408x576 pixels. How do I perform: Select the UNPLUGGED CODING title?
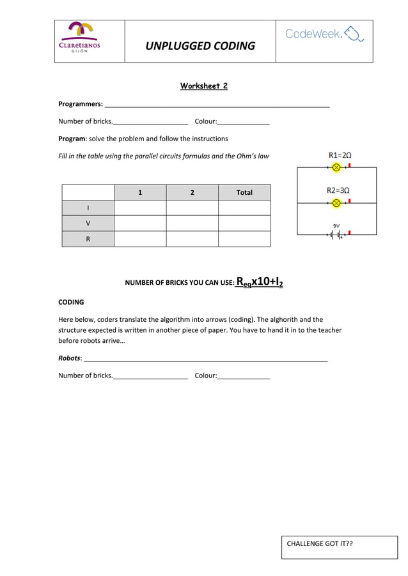pos(200,46)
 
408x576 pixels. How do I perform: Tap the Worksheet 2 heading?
pos(203,86)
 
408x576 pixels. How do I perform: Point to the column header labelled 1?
pos(140,192)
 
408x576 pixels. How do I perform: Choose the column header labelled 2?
pos(192,192)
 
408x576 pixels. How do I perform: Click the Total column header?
pos(244,192)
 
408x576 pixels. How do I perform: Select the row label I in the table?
pos(88,208)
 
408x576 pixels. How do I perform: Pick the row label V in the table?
pos(88,224)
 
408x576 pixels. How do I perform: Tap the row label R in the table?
pos(88,239)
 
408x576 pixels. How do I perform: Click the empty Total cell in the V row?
pos(244,224)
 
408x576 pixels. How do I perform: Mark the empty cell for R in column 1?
pos(140,239)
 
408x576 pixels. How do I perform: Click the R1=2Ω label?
pos(340,155)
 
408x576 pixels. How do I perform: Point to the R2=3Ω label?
pos(338,190)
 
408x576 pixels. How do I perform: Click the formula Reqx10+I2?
pos(260,282)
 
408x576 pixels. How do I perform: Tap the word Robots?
pos(69,358)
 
